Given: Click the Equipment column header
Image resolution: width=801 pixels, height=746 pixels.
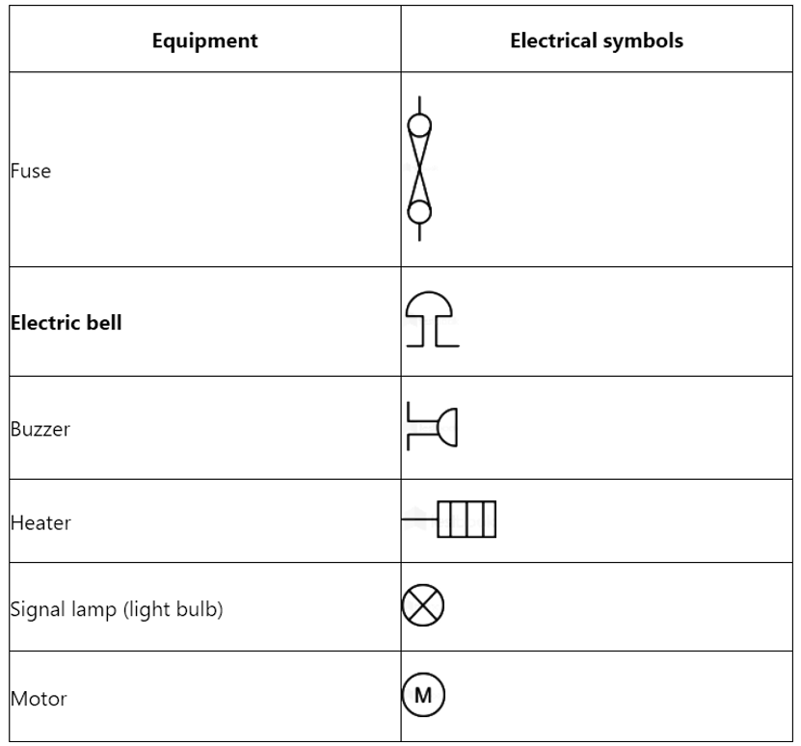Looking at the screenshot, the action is pos(205,40).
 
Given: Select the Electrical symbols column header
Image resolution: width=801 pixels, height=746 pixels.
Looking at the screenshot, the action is pos(597,40).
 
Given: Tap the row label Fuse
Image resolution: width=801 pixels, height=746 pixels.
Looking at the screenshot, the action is pos(31,171).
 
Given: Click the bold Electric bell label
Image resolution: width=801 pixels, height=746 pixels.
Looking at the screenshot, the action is pos(67,323).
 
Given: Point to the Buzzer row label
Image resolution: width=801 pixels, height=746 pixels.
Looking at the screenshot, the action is pos(40,429).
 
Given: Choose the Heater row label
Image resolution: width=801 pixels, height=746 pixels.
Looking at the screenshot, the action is pos(40,523).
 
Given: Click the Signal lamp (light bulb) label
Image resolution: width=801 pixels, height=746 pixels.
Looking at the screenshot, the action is pos(117,609).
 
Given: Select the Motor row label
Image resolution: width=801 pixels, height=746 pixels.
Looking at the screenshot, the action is pos(39,699).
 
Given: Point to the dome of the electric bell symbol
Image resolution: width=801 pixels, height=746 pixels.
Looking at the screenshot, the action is pos(429,293).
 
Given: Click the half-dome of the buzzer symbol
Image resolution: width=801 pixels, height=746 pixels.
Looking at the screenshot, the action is pos(456,428).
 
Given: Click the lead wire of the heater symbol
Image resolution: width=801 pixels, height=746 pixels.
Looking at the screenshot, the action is pos(419,520).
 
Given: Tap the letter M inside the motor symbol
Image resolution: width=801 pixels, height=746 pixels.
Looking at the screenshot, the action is pos(423,696).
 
